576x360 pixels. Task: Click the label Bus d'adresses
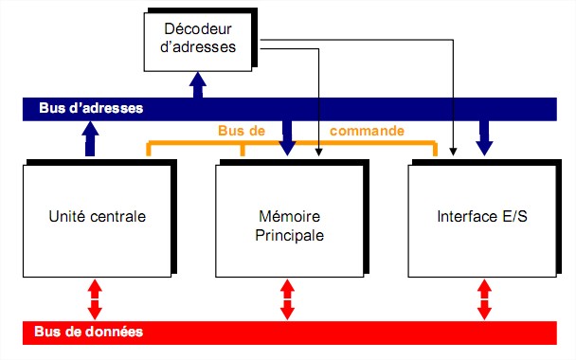point(91,108)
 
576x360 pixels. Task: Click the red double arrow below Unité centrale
point(95,299)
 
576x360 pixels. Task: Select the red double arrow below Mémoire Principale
point(288,299)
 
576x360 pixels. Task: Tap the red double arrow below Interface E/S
point(483,299)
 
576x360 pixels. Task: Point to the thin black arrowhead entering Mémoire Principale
point(319,152)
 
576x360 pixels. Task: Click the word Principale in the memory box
point(289,235)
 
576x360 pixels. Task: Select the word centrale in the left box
point(120,217)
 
